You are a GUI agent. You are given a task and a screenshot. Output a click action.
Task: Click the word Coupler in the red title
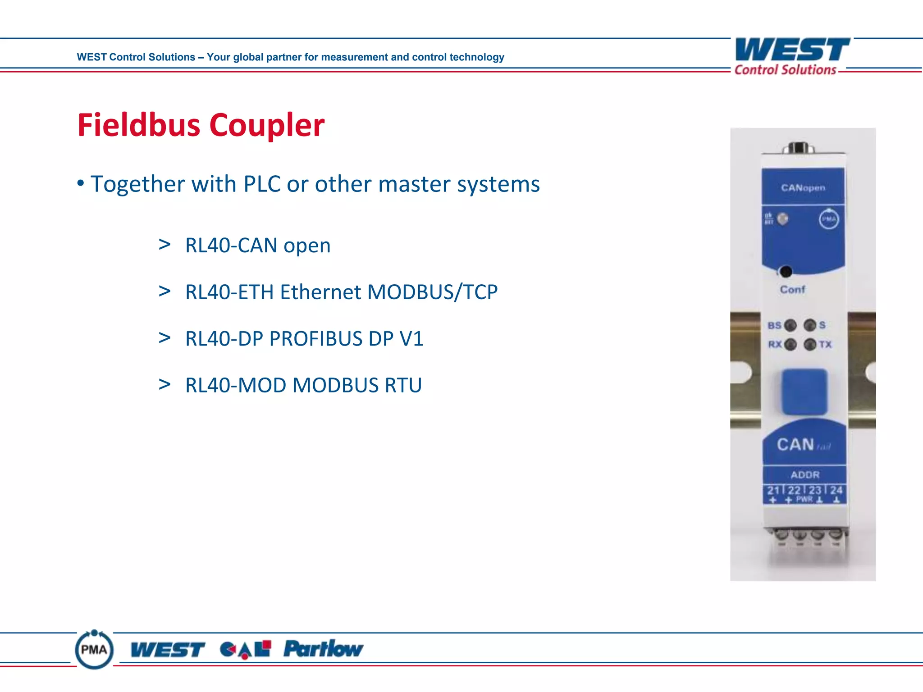(x=267, y=125)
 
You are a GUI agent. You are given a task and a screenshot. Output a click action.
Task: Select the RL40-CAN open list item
(x=258, y=246)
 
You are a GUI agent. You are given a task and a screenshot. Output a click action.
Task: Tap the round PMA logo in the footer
(x=94, y=650)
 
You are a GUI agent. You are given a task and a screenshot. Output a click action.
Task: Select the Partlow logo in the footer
(x=323, y=649)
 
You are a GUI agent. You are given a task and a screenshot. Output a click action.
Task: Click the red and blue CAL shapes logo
(x=246, y=649)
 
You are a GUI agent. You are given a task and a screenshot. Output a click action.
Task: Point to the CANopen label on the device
(x=803, y=187)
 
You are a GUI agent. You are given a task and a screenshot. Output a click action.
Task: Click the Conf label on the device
(x=792, y=290)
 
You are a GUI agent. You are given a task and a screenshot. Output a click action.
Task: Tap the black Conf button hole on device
(x=786, y=272)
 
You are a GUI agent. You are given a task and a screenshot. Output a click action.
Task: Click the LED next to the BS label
(x=790, y=325)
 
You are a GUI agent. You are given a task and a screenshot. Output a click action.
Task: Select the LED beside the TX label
(x=810, y=345)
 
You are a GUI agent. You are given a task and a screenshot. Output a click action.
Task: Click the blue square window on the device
(x=804, y=391)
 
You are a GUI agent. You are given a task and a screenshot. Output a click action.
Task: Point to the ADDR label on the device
(x=805, y=475)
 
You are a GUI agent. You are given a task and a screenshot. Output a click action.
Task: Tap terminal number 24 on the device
(x=836, y=490)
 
